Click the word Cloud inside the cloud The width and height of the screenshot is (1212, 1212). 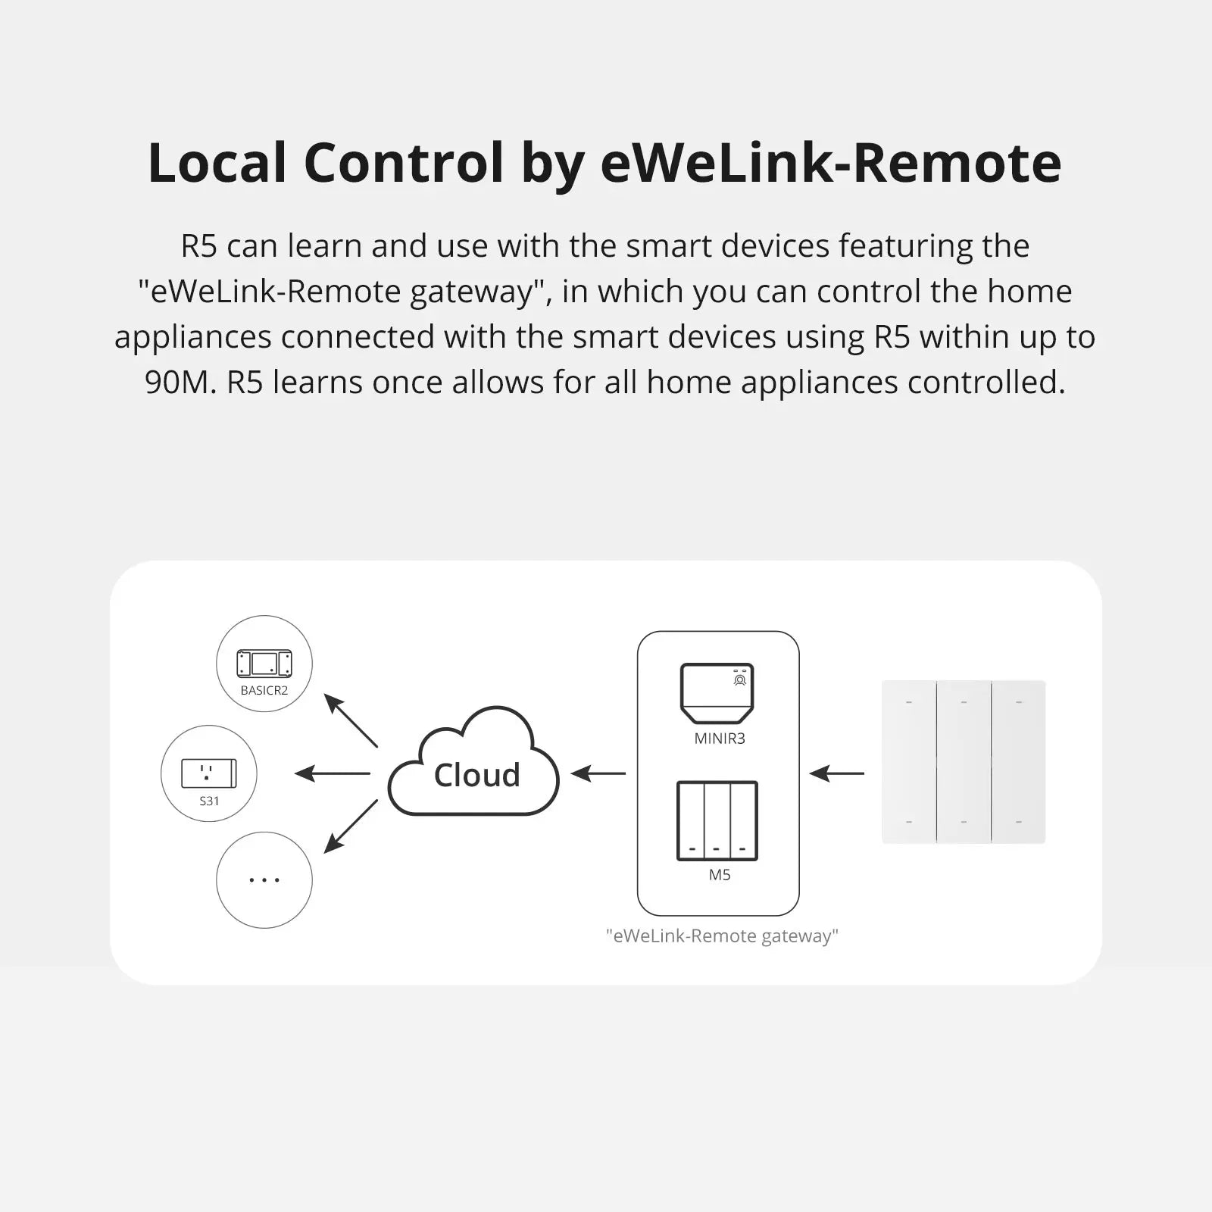(476, 775)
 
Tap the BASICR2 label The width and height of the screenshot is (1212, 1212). (264, 690)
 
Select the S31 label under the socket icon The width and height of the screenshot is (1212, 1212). (209, 801)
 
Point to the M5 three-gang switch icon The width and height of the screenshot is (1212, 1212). (717, 821)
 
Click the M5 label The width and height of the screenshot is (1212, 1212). (720, 875)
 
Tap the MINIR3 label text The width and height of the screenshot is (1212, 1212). (720, 739)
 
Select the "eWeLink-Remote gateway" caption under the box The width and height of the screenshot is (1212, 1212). (722, 936)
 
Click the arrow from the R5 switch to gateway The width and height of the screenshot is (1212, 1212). (836, 773)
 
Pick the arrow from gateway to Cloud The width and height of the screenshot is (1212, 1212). (598, 773)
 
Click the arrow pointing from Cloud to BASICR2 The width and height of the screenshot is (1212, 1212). (351, 720)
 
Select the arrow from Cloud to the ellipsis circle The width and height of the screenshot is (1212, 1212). (351, 826)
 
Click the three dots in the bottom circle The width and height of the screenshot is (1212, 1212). (264, 880)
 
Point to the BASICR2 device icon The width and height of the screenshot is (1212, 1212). (264, 664)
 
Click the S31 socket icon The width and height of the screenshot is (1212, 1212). (209, 773)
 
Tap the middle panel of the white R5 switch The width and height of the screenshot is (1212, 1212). (964, 761)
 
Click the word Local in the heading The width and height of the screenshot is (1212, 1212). (217, 163)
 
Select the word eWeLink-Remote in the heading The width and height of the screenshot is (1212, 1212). (830, 163)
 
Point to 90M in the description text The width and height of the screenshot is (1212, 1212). (180, 383)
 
